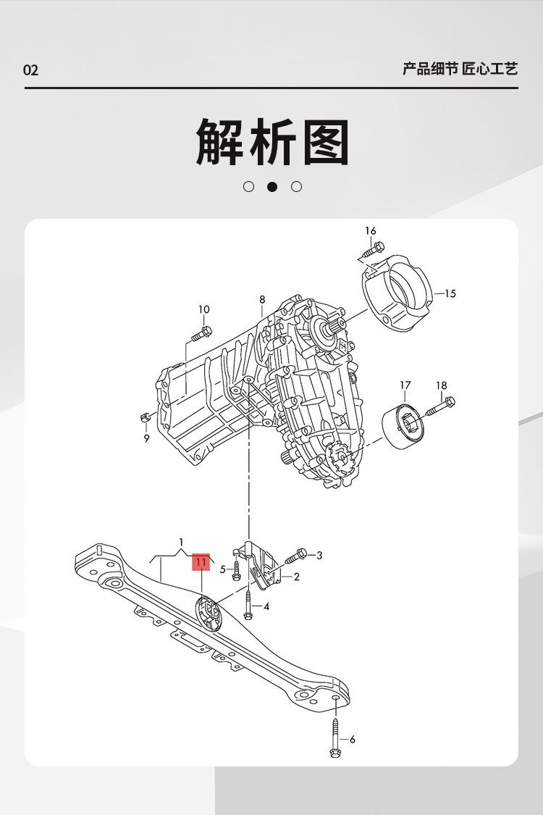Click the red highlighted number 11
coord(201,561)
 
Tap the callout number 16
coord(371,231)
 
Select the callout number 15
coord(450,293)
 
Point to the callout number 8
coord(262,299)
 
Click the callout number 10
coord(204,309)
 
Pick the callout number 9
coord(146,438)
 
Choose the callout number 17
coord(405,385)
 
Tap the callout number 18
coord(442,386)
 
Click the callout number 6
coord(353,740)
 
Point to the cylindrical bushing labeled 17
coord(402,427)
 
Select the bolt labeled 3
coord(297,556)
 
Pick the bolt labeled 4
coord(248,606)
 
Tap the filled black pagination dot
coord(272,187)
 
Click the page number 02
coord(30,70)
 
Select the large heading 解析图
coord(272,142)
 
